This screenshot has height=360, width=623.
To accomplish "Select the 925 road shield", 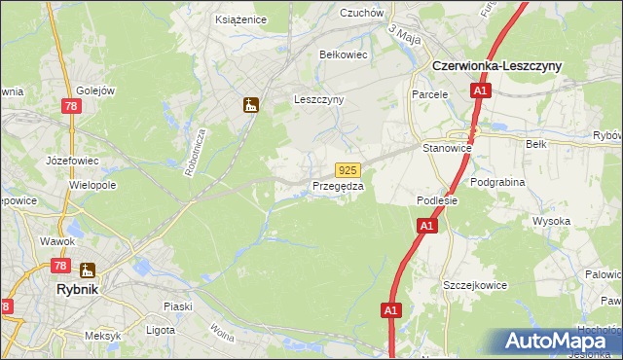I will (349, 169).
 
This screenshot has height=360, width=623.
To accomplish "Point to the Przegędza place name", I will (338, 186).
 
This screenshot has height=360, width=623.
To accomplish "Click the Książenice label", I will (240, 18).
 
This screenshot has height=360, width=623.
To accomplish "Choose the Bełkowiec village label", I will (344, 54).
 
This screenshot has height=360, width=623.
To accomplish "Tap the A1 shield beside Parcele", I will (480, 91).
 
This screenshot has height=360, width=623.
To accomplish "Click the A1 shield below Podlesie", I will (426, 226).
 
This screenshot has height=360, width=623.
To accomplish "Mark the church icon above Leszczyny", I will (251, 104).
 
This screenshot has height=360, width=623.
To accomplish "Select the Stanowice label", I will (447, 148).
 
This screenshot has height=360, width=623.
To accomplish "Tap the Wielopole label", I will (93, 184).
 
